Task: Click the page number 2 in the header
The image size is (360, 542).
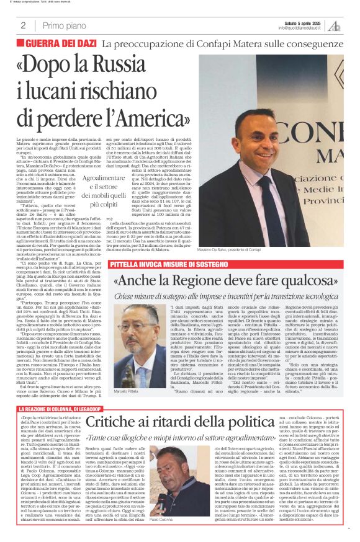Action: pyautogui.click(x=23, y=25)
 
